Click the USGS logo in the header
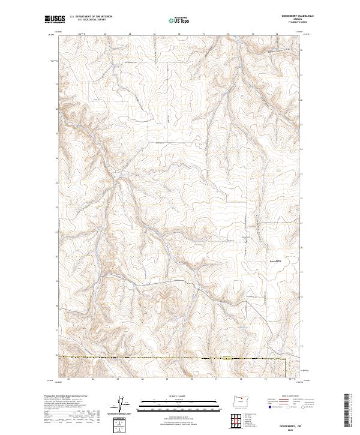(x=54, y=19)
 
